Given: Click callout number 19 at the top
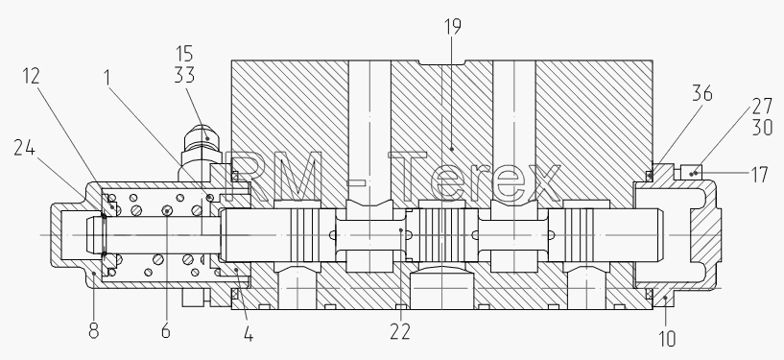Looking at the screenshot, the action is coord(452,27).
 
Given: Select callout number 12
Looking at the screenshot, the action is coord(31,76).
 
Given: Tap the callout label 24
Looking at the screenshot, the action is coord(25,148).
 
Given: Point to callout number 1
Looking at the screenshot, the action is coord(107,78).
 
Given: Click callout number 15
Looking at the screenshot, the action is coord(184,54).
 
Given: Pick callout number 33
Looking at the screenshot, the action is coord(184,75).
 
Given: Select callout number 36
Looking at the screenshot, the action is coord(702,93).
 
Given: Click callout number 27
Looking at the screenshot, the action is coord(762,106).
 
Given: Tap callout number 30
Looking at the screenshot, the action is coord(762,128).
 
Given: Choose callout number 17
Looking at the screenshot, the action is coord(759,175).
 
